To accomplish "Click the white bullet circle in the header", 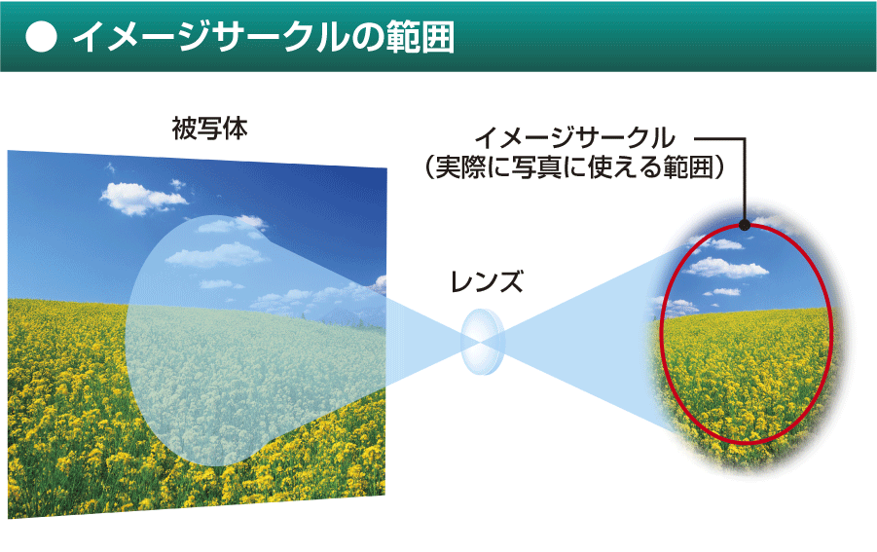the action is pos(42,37).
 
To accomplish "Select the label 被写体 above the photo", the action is pos(209,129).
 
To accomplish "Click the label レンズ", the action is pos(487,281).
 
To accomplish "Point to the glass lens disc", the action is pos(482,341).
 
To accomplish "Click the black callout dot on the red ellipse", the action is pos(745,225).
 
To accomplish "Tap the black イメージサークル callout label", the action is pos(575,138).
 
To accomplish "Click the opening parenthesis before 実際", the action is pos(429,167).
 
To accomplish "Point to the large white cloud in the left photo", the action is pos(142,198).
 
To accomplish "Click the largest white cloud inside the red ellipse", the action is pos(725,268).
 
